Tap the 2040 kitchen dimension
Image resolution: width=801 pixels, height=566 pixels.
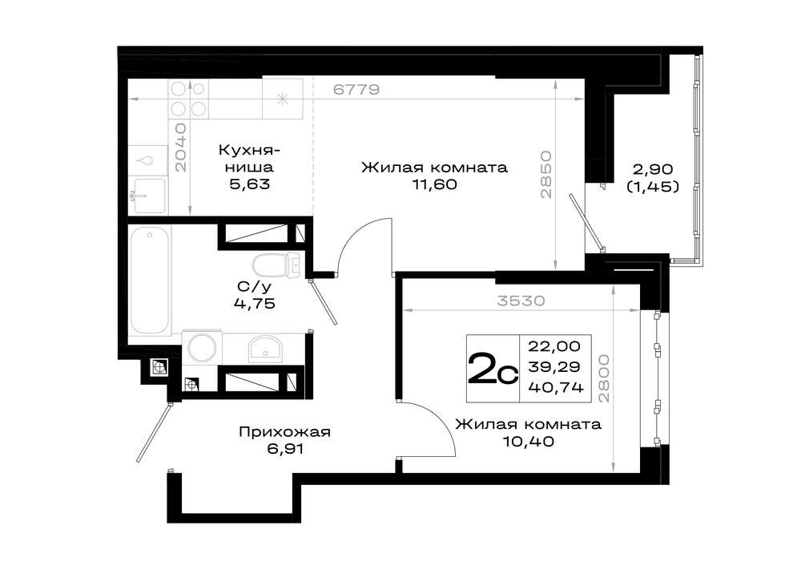coord(180,148)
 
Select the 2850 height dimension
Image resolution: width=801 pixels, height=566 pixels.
coord(545,174)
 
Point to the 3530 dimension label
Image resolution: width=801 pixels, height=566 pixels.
coord(521,301)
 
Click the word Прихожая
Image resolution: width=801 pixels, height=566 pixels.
coord(284,433)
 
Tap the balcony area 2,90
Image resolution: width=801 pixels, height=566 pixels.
coord(654,169)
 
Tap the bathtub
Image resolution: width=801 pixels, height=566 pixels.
coord(150,280)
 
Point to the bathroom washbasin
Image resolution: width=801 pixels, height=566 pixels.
coord(264,350)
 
